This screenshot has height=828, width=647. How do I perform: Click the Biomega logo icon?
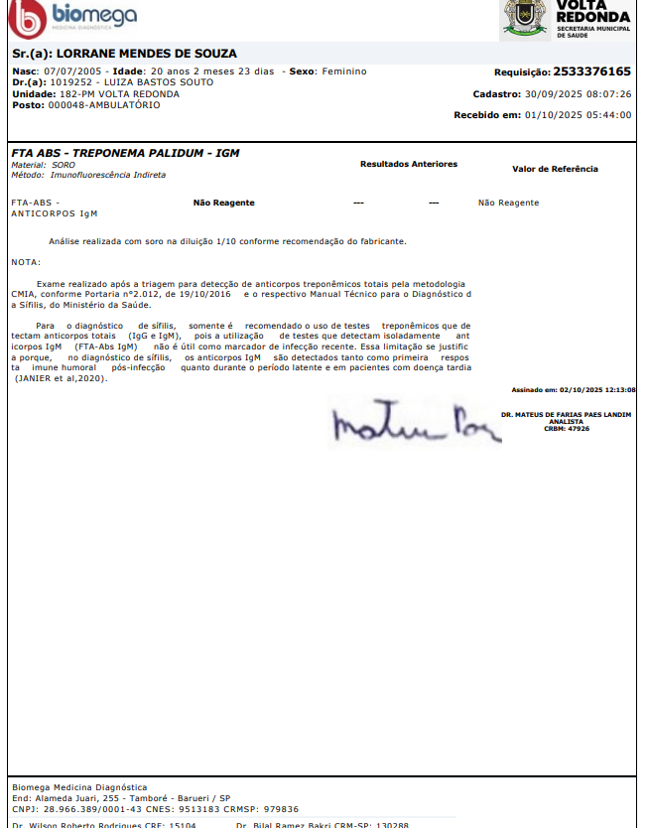[x=22, y=17]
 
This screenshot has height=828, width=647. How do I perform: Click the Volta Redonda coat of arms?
[x=524, y=17]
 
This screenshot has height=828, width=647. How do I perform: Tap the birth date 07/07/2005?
[x=71, y=71]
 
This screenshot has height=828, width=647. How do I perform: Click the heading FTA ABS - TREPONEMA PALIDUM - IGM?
[x=125, y=153]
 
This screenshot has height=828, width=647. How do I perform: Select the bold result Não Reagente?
[x=223, y=203]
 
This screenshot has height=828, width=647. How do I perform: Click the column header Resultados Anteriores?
[x=409, y=164]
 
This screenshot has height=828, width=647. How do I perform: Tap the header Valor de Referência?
[x=555, y=169]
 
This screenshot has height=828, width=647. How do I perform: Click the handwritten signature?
[x=407, y=422]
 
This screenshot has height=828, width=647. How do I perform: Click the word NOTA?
[x=25, y=262]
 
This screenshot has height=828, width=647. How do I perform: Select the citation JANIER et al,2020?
[x=60, y=378]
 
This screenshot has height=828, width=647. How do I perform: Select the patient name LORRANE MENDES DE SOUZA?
[x=146, y=53]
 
